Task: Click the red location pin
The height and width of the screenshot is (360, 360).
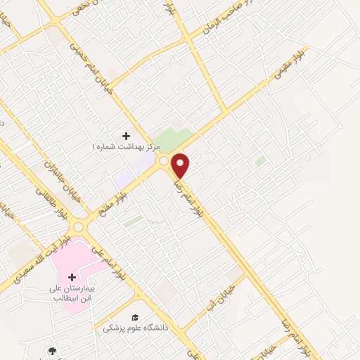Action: [181, 164]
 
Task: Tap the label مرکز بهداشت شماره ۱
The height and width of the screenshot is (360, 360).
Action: [127, 147]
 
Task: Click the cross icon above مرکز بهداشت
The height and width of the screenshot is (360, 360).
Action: [127, 135]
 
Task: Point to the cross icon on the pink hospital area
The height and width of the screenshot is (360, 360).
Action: [72, 278]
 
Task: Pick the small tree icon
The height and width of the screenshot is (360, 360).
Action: [51, 350]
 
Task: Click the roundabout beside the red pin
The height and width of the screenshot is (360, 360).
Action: [164, 162]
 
